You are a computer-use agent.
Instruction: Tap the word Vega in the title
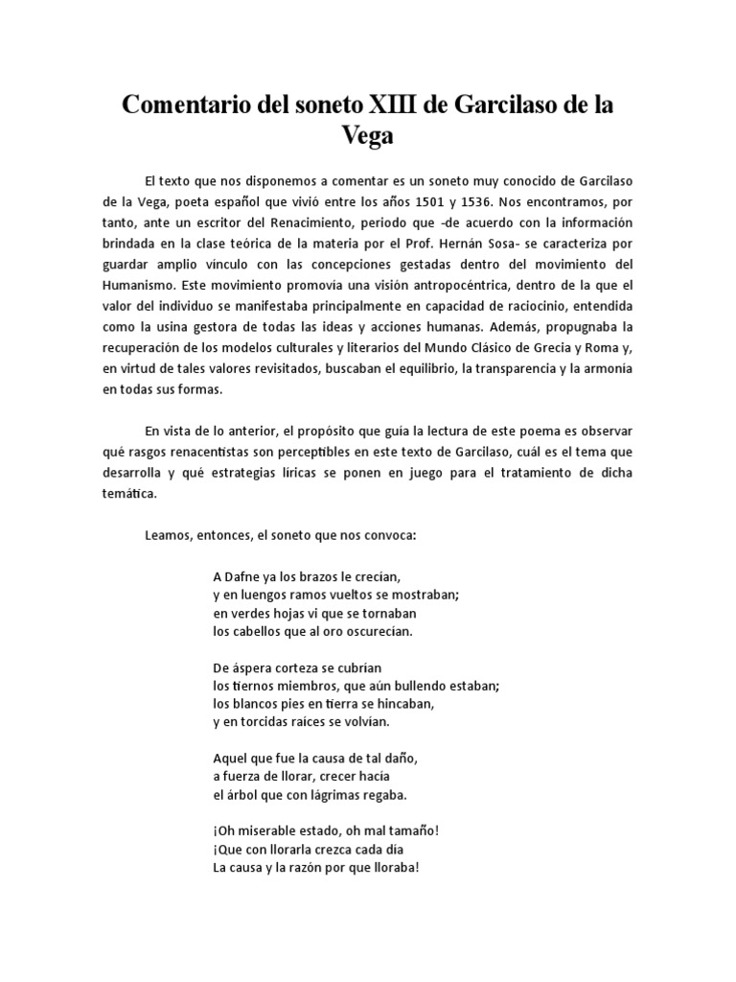pyautogui.click(x=368, y=137)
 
